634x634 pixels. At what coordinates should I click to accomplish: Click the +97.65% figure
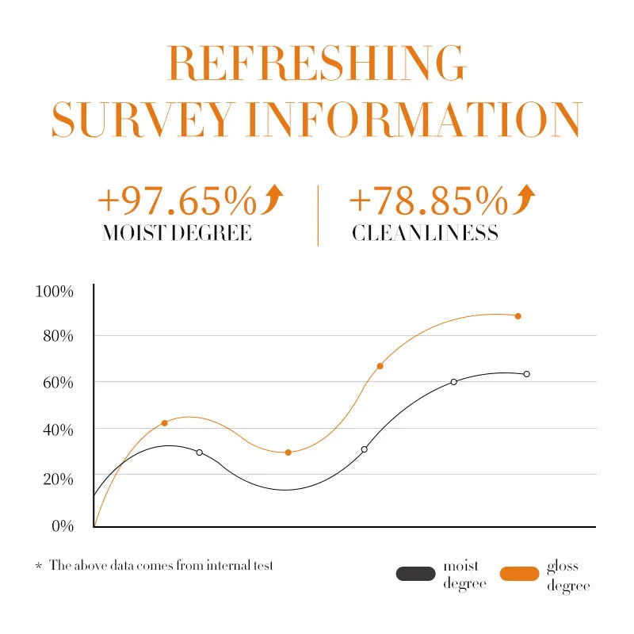click(x=176, y=201)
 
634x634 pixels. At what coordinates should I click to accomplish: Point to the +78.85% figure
click(x=427, y=201)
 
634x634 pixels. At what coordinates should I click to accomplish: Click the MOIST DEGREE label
click(x=177, y=233)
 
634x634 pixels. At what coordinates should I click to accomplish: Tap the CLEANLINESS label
click(x=425, y=233)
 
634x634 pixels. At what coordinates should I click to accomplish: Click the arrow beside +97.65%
click(x=273, y=199)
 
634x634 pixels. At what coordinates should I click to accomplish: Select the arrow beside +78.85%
click(x=524, y=199)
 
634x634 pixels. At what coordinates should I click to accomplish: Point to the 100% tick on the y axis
click(x=55, y=292)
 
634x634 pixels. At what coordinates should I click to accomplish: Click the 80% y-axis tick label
click(x=58, y=336)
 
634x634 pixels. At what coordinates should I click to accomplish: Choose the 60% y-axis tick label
click(x=58, y=383)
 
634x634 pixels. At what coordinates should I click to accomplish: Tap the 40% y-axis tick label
click(x=58, y=430)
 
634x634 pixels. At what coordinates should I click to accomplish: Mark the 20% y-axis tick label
click(x=58, y=479)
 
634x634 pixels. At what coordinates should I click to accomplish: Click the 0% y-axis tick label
click(x=62, y=525)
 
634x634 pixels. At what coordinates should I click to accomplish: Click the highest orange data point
click(x=518, y=316)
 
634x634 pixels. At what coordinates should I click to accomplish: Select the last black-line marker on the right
click(x=526, y=374)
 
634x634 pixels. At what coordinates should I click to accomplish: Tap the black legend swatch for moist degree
click(x=416, y=574)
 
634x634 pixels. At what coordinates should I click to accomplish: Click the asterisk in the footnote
click(x=38, y=567)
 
